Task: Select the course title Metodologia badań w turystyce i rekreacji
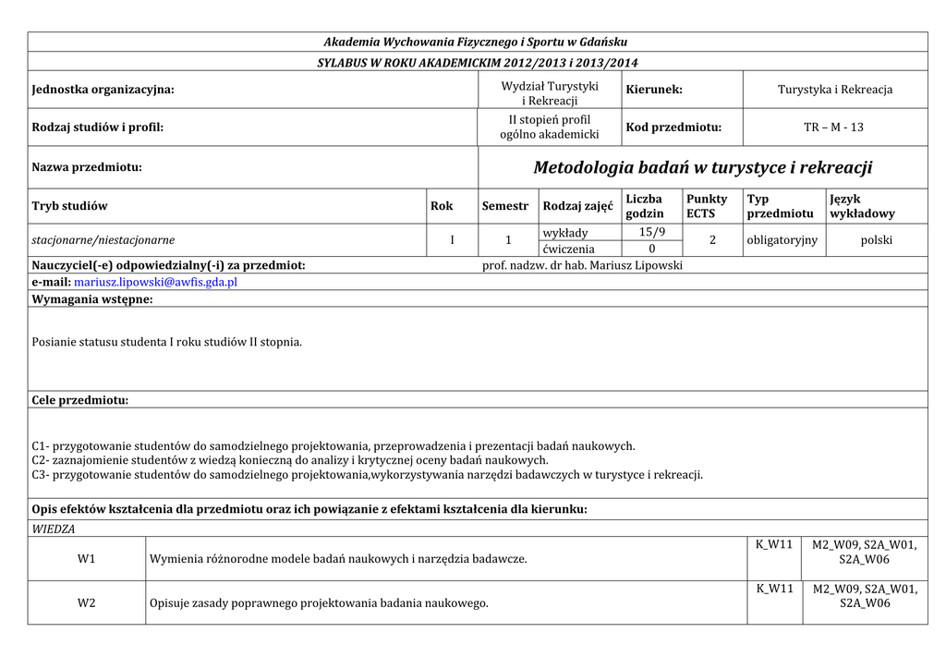pos(702,167)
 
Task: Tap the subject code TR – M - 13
pos(833,127)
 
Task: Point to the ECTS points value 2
pos(712,240)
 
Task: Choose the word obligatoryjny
pos(782,240)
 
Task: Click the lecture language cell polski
pos(876,240)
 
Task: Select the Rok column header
pos(442,206)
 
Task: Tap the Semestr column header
pos(505,206)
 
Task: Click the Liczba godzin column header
pos(644,206)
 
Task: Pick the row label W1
pos(87,559)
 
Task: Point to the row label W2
pos(87,603)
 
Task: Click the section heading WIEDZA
pos(54,529)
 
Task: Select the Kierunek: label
pos(654,90)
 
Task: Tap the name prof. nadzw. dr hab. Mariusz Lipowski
pos(582,266)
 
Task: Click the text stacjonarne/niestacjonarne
pos(103,240)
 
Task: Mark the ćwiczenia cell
pos(569,249)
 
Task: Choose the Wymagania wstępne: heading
pos(92,299)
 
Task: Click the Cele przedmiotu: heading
pos(80,400)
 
